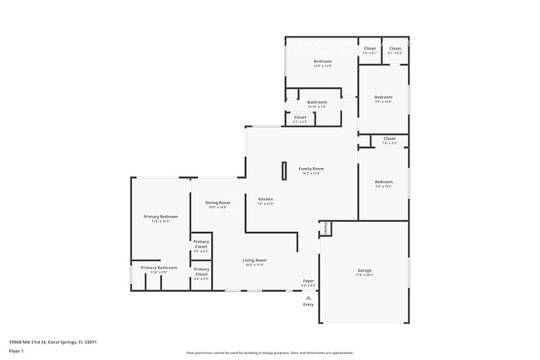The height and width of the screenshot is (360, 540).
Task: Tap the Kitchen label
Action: [265, 199]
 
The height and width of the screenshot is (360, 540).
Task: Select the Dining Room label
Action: [218, 203]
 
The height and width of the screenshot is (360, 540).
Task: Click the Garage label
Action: [364, 270]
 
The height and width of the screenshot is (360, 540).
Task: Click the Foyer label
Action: [307, 281]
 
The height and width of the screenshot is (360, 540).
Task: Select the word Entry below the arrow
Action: [308, 304]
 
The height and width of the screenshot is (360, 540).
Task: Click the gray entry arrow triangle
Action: [308, 297]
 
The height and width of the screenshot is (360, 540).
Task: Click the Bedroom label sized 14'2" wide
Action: [322, 62]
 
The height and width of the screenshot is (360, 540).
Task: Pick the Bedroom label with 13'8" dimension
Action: [383, 97]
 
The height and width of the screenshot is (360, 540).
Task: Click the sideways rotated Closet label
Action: [326, 228]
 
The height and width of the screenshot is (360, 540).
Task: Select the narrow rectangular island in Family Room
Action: [283, 170]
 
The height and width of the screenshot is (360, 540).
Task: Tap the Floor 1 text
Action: [17, 352]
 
